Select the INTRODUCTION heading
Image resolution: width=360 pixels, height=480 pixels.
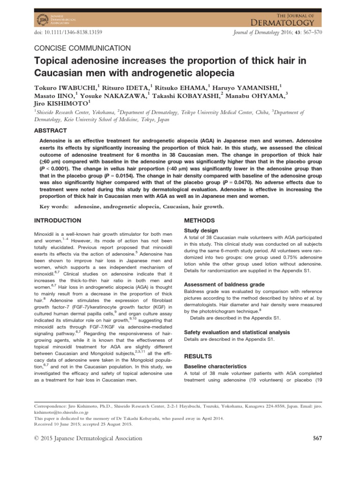point(58,220)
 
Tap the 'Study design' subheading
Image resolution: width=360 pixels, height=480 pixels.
point(201,231)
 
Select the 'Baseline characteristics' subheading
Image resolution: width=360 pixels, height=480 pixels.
point(215,366)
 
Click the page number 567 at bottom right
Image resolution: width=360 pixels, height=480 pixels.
point(317,438)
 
